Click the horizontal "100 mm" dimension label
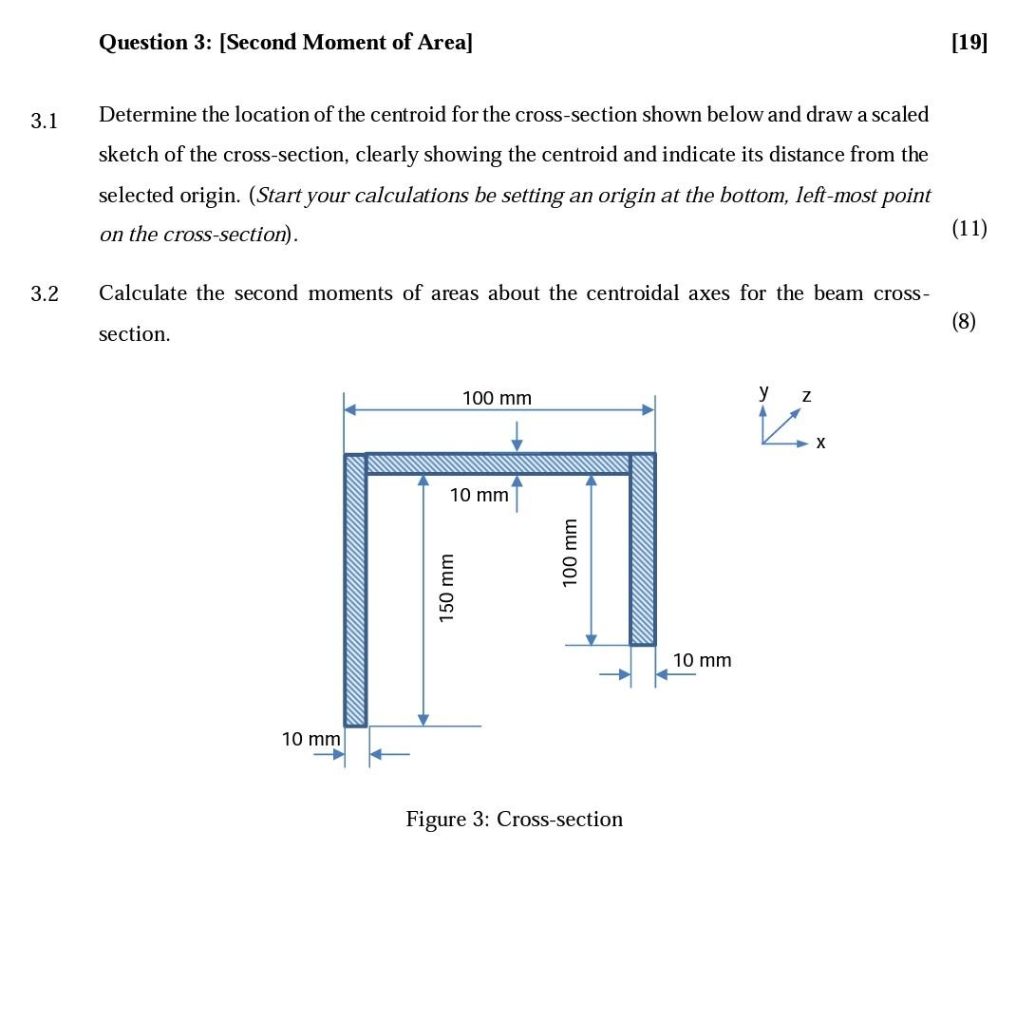[497, 398]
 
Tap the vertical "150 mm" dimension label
[446, 588]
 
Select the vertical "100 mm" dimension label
[570, 552]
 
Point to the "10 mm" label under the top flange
[479, 495]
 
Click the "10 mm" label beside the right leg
[702, 660]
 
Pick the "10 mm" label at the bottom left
[310, 739]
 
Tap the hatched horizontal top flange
[498, 463]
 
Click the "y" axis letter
[763, 390]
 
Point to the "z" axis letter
[806, 395]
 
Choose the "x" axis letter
[820, 443]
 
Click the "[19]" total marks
[969, 42]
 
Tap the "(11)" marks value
[969, 228]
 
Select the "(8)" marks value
[963, 321]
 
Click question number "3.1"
[44, 121]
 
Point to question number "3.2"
[44, 294]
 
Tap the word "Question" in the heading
[142, 42]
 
